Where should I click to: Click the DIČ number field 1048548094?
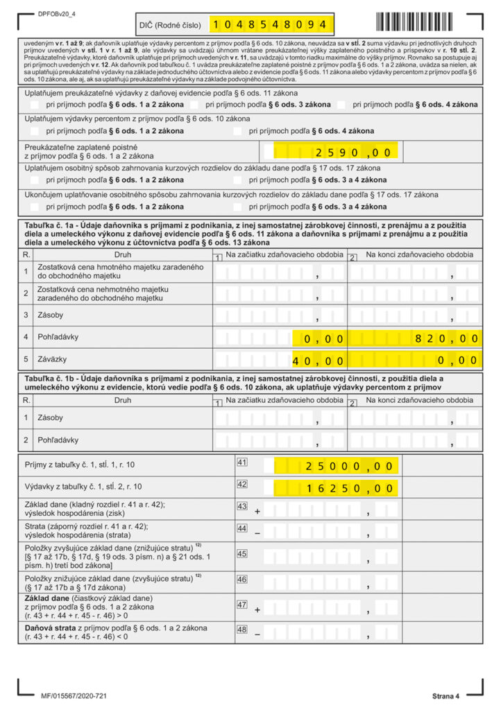(271, 25)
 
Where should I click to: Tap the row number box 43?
(242, 506)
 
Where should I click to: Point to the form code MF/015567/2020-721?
(74, 695)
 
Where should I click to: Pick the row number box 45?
(242, 553)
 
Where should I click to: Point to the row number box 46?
(242, 579)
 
